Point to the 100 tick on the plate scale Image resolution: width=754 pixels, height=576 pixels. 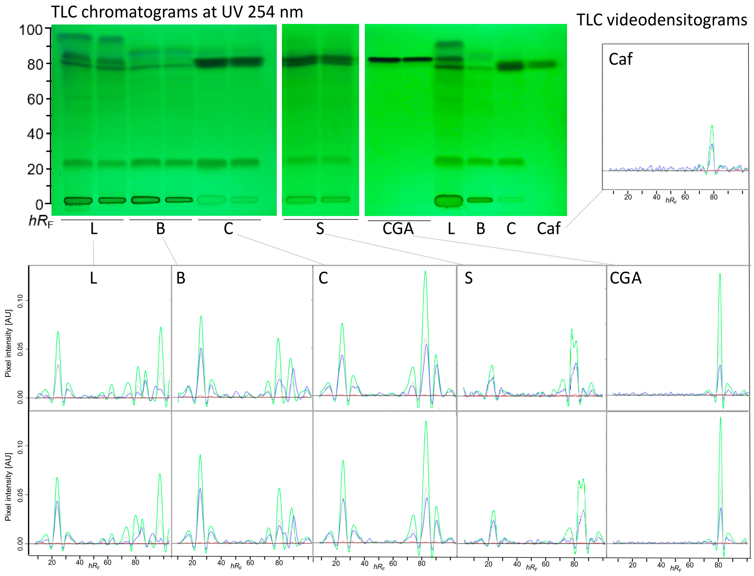click(31, 30)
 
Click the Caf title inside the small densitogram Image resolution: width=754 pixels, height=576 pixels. click(620, 59)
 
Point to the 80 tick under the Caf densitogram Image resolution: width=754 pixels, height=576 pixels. click(713, 197)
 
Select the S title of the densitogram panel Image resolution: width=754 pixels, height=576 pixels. click(468, 278)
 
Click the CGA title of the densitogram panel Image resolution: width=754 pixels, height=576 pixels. click(626, 278)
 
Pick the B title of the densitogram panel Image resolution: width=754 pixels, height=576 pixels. click(181, 278)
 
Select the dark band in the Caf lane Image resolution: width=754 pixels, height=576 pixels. click(541, 64)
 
